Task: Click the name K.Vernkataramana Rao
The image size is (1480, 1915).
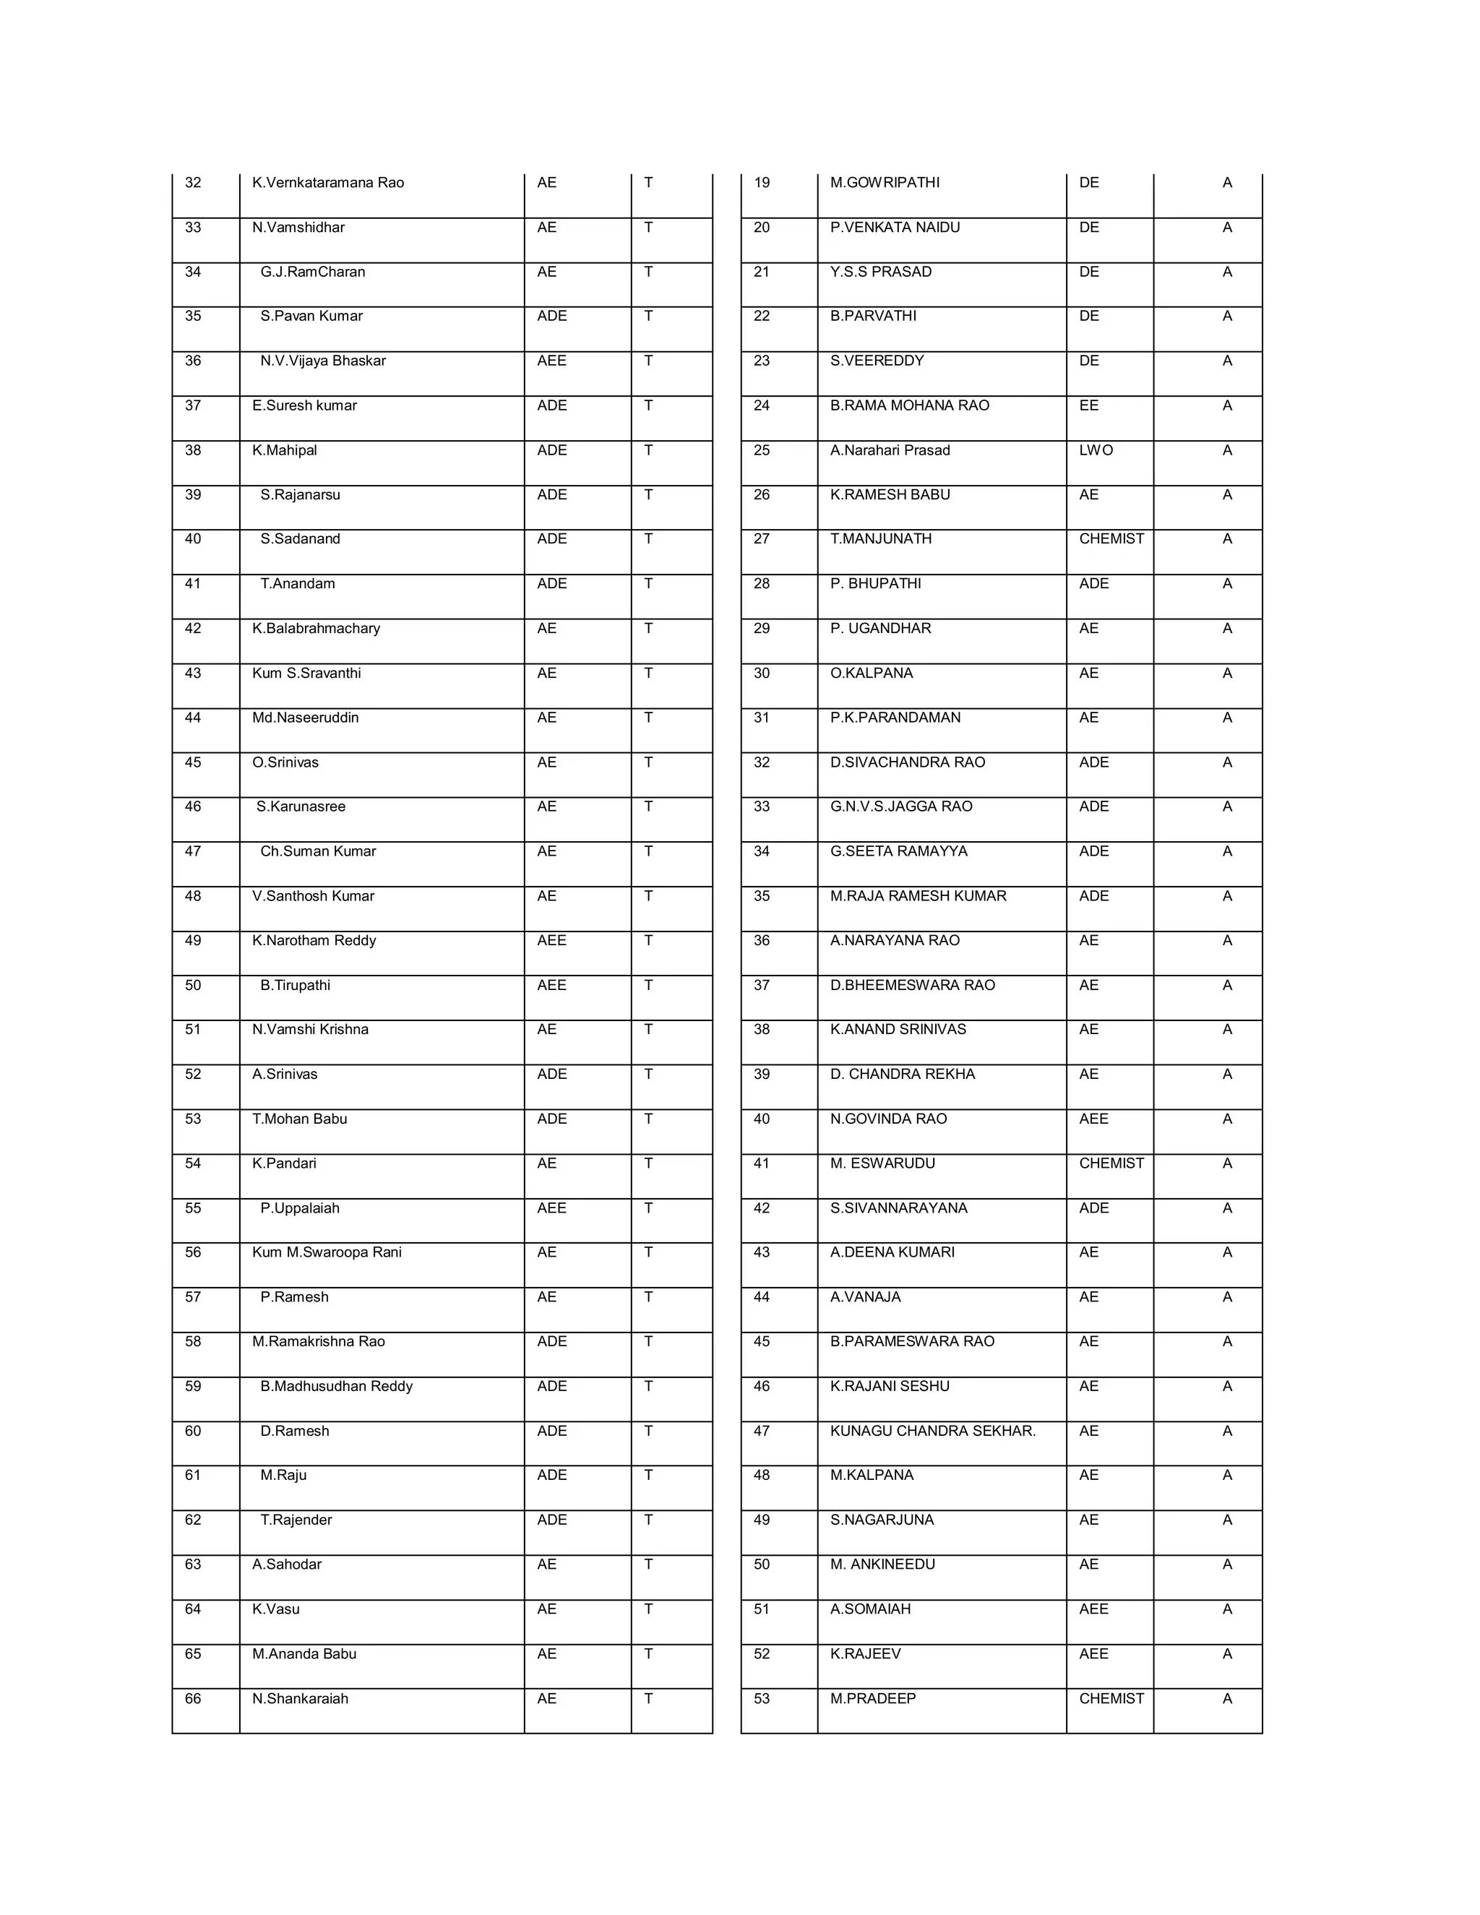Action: coord(328,182)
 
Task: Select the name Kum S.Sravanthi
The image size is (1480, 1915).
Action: coord(306,673)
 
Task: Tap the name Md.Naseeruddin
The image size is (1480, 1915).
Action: coord(305,718)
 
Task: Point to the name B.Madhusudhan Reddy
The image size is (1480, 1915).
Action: coord(336,1385)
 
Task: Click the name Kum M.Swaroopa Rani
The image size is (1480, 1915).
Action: coord(326,1252)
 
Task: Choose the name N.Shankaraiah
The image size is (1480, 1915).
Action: coord(300,1698)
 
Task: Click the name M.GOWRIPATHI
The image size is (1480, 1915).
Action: coord(885,182)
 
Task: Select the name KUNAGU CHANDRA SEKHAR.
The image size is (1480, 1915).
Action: coord(933,1431)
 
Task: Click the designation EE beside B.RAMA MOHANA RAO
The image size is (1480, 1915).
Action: coord(1089,405)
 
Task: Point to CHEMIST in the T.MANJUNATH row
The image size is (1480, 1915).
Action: coord(1111,538)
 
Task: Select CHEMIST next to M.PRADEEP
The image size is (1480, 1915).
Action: coord(1111,1698)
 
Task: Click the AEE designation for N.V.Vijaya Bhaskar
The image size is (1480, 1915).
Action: coord(551,361)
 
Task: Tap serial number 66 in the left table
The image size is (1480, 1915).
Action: coord(193,1698)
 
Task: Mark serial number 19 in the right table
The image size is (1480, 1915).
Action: coord(762,182)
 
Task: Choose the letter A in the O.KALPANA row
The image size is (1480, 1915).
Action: coord(1226,673)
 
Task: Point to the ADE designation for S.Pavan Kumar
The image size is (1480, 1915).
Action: coord(551,316)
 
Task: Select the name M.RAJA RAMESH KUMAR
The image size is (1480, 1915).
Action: coord(918,895)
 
